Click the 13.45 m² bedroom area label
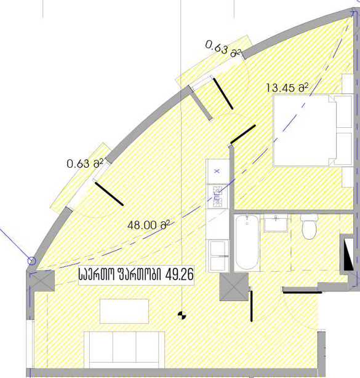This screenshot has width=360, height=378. (x=287, y=88)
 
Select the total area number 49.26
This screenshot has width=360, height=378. (x=180, y=275)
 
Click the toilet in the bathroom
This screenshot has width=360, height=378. (x=310, y=227)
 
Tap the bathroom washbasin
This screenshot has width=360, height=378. (x=276, y=223)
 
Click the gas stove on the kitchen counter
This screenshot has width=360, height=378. (x=217, y=196)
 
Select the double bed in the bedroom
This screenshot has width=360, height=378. (x=313, y=131)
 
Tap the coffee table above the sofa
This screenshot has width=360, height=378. (x=124, y=311)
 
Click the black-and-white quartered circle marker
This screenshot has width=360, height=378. (x=182, y=315)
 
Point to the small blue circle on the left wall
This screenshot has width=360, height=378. (x=31, y=261)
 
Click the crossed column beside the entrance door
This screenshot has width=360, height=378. (x=234, y=286)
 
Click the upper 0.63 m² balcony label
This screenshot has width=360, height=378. (x=223, y=50)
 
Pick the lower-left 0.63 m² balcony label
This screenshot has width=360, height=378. (x=85, y=163)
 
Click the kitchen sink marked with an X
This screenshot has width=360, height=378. (x=217, y=171)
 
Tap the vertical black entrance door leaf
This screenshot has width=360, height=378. (x=252, y=306)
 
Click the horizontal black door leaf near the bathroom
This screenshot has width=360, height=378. (x=302, y=293)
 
